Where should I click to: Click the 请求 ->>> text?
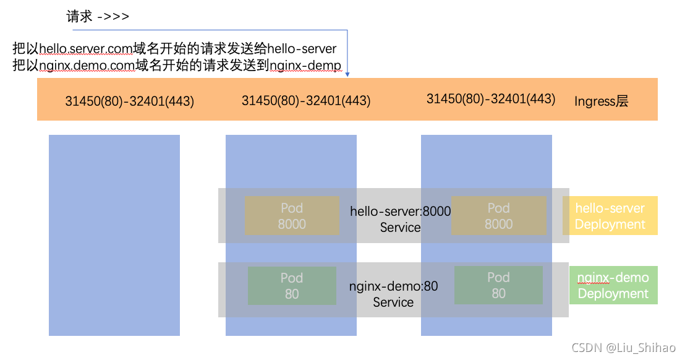(98, 17)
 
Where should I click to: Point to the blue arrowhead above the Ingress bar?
(347, 74)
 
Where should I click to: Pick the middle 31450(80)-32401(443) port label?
(306, 101)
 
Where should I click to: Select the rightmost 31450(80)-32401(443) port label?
(491, 99)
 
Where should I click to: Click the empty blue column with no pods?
(114, 235)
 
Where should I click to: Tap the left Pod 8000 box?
(292, 216)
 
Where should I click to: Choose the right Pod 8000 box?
(498, 216)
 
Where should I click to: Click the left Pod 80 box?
(292, 286)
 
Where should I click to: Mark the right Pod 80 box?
(498, 286)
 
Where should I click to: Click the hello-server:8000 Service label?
(400, 220)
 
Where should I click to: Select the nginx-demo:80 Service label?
(393, 294)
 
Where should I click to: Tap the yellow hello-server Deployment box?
(610, 216)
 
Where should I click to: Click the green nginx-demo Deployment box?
(613, 285)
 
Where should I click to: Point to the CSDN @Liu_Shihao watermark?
(624, 348)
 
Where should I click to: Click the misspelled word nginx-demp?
(304, 66)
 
